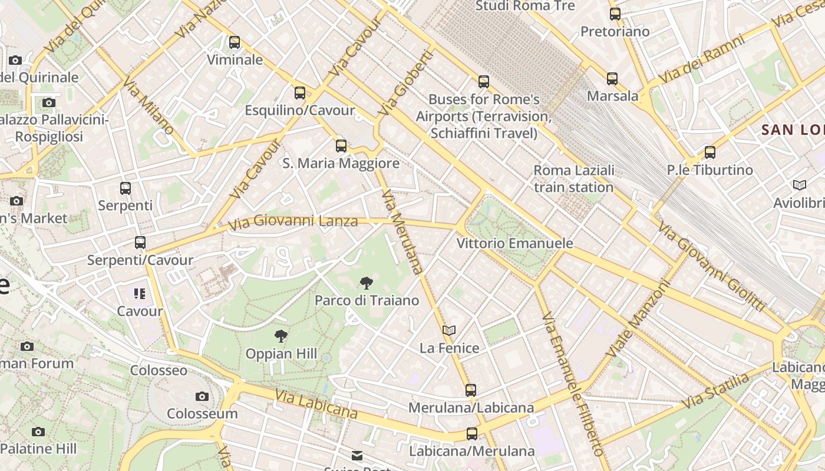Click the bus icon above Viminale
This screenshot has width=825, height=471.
(x=235, y=42)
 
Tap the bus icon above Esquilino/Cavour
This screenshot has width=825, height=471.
(x=300, y=93)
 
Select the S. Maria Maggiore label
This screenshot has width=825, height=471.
(x=341, y=163)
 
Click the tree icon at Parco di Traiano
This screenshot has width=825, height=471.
(x=366, y=283)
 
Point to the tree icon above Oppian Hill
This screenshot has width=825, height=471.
(x=281, y=337)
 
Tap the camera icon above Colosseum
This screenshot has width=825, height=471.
(x=202, y=396)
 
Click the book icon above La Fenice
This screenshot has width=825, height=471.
(x=449, y=331)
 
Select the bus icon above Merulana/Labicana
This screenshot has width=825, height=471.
(x=470, y=390)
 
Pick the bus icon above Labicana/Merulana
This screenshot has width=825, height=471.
(x=471, y=434)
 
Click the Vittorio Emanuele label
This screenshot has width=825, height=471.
(x=514, y=243)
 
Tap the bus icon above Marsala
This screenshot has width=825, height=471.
(x=612, y=79)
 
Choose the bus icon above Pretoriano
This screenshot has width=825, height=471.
(x=615, y=14)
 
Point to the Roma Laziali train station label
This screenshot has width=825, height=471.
(x=573, y=178)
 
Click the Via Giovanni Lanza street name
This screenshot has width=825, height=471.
(x=293, y=222)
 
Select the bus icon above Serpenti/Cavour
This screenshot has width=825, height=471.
(x=140, y=243)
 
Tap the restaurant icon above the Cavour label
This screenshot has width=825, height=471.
(x=140, y=294)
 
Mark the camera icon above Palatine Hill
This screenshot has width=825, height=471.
(x=38, y=432)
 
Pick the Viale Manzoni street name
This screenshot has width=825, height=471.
(x=639, y=319)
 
